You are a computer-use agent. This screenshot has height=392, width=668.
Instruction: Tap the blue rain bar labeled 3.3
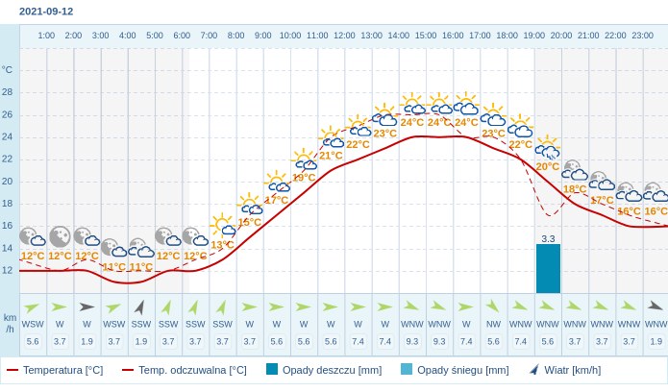click(548, 268)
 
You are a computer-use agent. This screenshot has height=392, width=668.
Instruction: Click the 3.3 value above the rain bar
click(548, 238)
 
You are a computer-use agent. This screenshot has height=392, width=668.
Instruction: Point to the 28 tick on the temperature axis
click(8, 92)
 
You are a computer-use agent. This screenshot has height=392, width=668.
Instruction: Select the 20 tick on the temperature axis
click(8, 181)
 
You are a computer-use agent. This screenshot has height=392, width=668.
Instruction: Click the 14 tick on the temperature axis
click(8, 248)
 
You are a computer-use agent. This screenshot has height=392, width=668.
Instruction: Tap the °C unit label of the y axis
click(8, 69)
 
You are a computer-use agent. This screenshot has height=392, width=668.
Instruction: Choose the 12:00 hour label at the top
click(344, 36)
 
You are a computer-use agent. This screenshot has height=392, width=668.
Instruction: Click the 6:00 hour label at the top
click(182, 36)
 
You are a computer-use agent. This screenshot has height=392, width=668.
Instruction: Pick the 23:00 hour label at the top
click(642, 36)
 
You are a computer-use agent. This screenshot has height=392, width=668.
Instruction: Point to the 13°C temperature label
click(222, 245)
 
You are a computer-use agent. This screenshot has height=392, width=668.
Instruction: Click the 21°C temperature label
click(331, 156)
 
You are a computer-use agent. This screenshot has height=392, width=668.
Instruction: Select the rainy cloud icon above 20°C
click(548, 150)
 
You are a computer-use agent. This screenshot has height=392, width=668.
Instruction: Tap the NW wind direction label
click(493, 325)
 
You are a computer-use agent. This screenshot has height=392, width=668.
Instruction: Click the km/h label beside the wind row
click(10, 323)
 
